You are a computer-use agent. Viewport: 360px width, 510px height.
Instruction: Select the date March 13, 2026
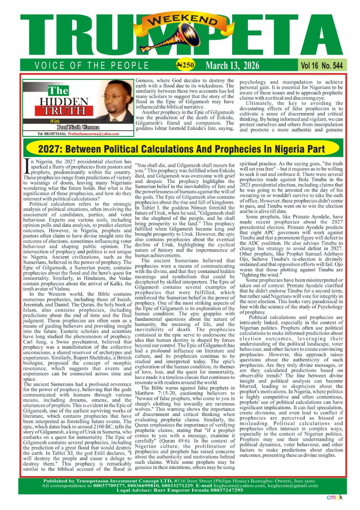click(x=232, y=65)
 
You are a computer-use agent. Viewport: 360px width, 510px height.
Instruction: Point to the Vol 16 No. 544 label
click(x=321, y=65)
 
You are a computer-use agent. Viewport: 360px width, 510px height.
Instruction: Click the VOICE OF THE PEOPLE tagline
click(x=92, y=66)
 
